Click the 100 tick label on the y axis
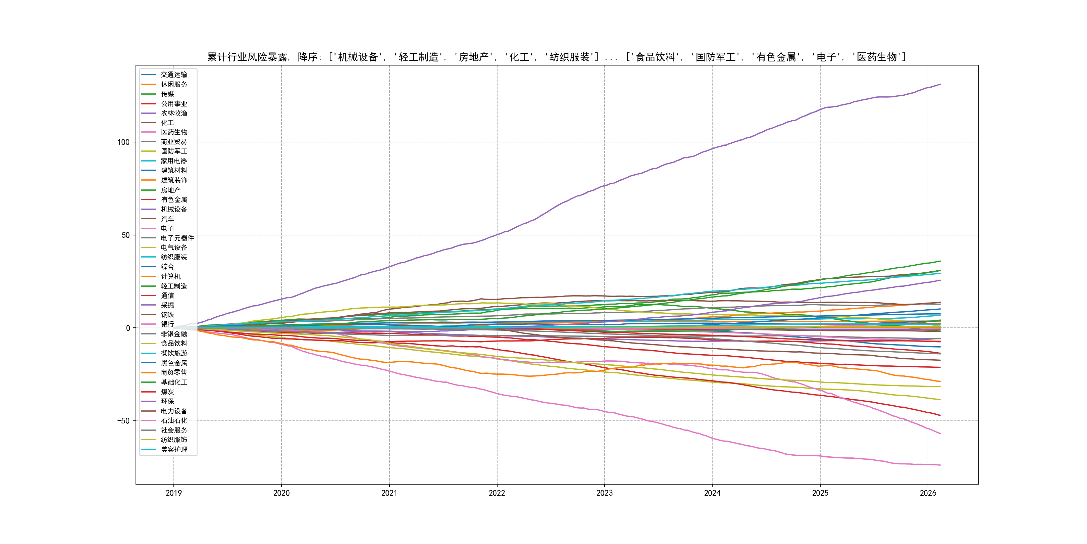point(123,142)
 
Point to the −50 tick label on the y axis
point(123,421)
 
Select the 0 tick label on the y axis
point(128,328)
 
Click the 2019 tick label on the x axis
point(173,493)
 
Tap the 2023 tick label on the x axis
point(604,493)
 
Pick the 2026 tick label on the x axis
point(928,493)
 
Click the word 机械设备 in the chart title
point(358,57)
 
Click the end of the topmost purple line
point(940,85)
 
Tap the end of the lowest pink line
point(940,465)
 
